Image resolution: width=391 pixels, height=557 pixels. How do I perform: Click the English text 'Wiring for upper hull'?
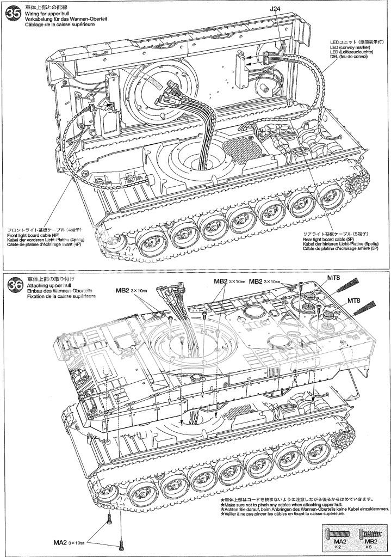46,13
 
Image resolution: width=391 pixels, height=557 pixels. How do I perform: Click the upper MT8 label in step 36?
333,277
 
